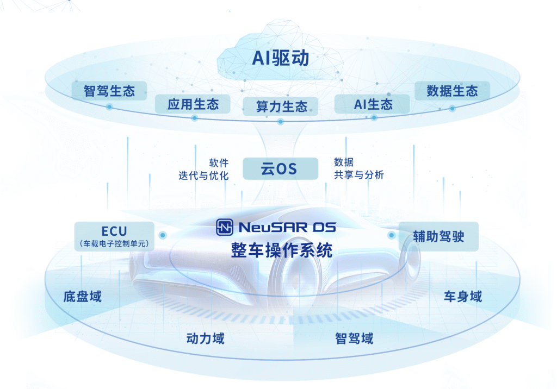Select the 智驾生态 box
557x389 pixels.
pos(109,90)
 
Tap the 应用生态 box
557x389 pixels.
pos(193,104)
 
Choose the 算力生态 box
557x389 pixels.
pos(281,106)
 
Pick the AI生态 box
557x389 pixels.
pos(373,104)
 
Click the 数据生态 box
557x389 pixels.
pos(452,90)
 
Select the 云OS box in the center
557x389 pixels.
pos(280,168)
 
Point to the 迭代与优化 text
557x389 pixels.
pos(203,175)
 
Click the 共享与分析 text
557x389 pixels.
pos(359,175)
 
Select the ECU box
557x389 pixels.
pos(114,236)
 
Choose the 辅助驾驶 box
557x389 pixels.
pos(438,236)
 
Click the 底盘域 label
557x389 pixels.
pos(82,297)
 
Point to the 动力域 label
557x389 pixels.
pos(205,338)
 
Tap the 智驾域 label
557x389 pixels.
pos(354,338)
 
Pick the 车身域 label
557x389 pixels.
pos(462,297)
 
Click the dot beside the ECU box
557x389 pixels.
pos(162,235)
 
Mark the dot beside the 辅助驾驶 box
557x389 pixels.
pos(391,235)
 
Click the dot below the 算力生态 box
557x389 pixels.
pos(281,122)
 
